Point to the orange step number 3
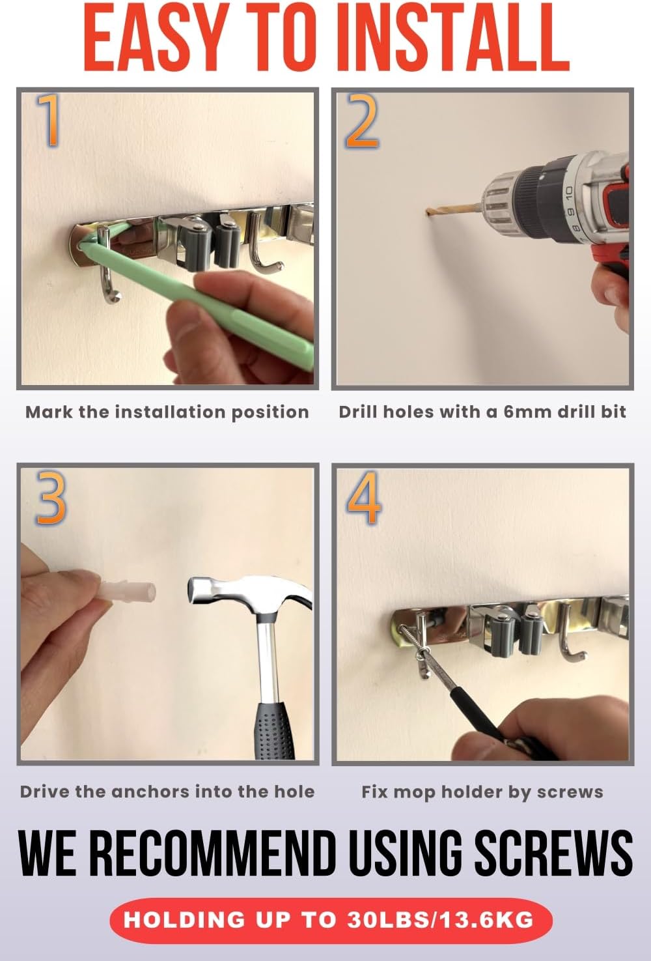coord(51,498)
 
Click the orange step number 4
coord(363,498)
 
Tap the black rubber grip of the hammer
coord(274,726)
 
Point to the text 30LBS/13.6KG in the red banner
coord(440,920)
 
